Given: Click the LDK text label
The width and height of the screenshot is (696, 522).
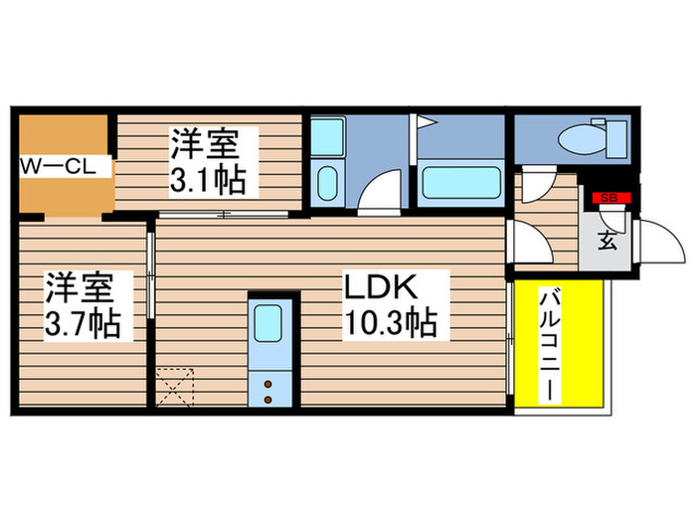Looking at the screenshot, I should click(382, 287).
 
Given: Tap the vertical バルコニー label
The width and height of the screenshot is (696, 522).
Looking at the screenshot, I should click(549, 344).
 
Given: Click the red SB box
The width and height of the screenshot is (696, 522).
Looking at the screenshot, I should click(609, 199).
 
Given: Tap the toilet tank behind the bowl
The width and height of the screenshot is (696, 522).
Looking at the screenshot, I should click(616, 137).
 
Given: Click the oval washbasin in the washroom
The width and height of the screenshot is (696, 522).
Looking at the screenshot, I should click(327, 184).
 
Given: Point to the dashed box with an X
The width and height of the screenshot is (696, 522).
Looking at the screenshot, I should click(176, 386).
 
